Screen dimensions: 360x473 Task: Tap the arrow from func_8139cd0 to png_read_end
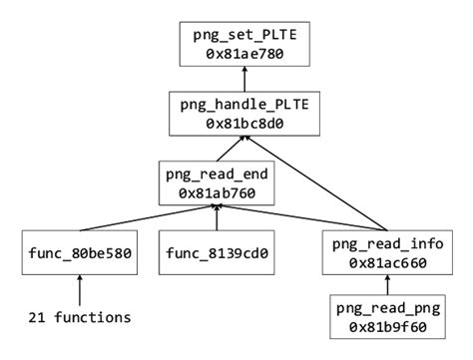tap(217, 217)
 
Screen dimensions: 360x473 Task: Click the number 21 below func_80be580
tap(34, 319)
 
